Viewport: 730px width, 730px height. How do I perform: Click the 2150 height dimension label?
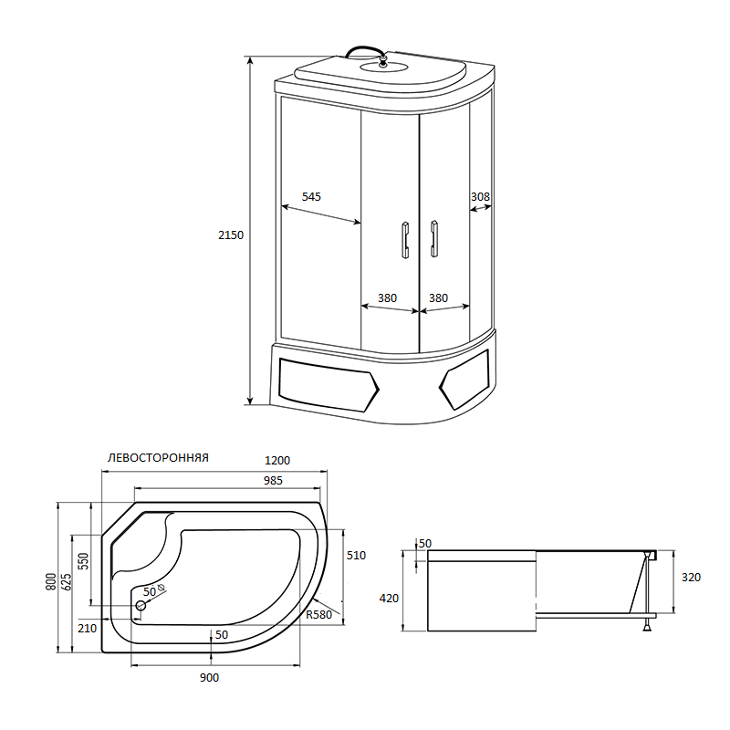[231, 235]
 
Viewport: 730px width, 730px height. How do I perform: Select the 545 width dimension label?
[311, 197]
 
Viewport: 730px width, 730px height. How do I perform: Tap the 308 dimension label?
[481, 197]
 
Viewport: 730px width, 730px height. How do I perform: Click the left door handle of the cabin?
[402, 239]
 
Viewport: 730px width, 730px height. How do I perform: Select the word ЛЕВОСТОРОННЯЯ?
[158, 458]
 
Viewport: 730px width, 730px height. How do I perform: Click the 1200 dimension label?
[278, 460]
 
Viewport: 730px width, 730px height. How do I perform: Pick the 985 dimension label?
[273, 480]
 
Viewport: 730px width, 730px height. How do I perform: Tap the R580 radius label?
[318, 614]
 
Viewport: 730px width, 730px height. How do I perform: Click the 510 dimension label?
[356, 555]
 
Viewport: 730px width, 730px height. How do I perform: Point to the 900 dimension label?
[209, 677]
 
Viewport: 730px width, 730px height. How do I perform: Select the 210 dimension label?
[88, 628]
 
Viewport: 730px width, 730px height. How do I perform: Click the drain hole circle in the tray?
[141, 605]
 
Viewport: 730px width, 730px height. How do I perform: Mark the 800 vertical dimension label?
[52, 580]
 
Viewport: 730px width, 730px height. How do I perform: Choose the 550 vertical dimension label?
[82, 560]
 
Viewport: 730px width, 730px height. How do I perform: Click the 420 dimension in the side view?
[389, 599]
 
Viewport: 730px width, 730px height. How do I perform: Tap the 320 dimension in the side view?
[691, 577]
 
